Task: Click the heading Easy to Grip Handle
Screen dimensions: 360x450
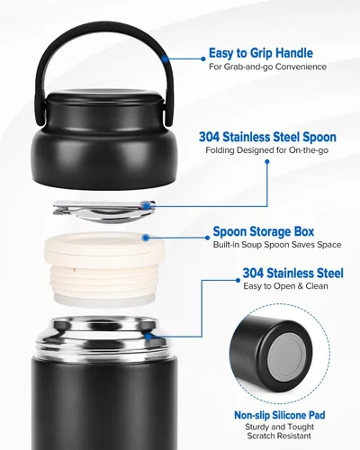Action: tap(261, 53)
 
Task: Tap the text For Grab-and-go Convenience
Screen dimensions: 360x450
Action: tap(267, 67)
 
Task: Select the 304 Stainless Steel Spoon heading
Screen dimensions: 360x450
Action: tap(267, 137)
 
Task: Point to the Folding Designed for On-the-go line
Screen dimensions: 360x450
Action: tap(267, 150)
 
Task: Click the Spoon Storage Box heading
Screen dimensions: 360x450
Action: tap(264, 231)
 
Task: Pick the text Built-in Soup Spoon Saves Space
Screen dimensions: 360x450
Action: tap(277, 245)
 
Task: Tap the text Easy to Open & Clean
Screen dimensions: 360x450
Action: tap(285, 286)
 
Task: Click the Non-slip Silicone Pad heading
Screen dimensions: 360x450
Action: tap(280, 415)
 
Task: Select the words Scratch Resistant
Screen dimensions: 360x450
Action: tap(279, 436)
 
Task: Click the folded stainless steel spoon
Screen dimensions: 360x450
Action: tap(104, 211)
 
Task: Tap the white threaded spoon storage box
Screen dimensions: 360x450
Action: tap(104, 267)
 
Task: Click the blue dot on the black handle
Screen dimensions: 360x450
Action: tap(165, 59)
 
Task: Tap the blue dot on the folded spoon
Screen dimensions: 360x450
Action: tap(146, 206)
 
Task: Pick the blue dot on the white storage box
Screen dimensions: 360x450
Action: tap(146, 238)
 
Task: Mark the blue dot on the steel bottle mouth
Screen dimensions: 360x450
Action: tap(148, 337)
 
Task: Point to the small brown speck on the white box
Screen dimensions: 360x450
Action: tap(74, 270)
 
